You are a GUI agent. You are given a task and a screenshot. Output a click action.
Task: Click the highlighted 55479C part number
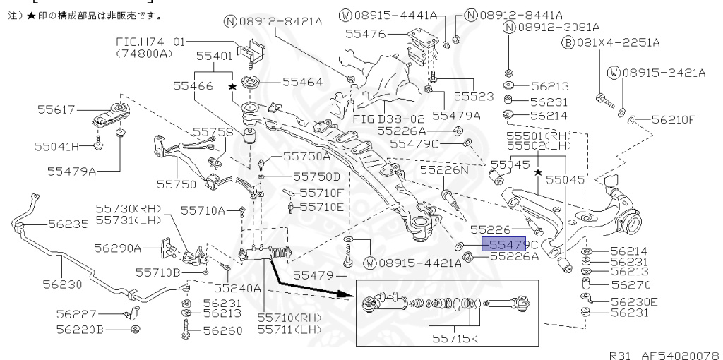click(x=505, y=244)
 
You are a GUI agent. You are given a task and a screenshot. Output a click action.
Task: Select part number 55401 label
click(x=213, y=54)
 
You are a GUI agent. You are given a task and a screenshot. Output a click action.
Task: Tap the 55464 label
click(x=302, y=82)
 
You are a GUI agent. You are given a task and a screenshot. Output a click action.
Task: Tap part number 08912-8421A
click(x=280, y=22)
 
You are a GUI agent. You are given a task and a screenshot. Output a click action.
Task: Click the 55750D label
click(x=316, y=176)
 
